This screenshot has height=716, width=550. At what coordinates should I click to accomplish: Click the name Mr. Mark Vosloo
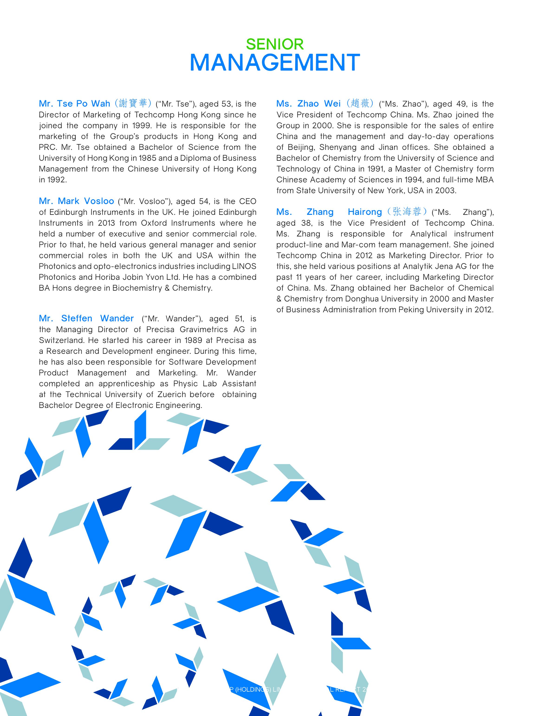click(76, 201)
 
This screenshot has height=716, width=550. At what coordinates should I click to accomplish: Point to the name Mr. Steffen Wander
click(86, 318)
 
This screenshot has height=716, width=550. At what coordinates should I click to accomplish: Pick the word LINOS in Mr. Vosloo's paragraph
click(244, 266)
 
